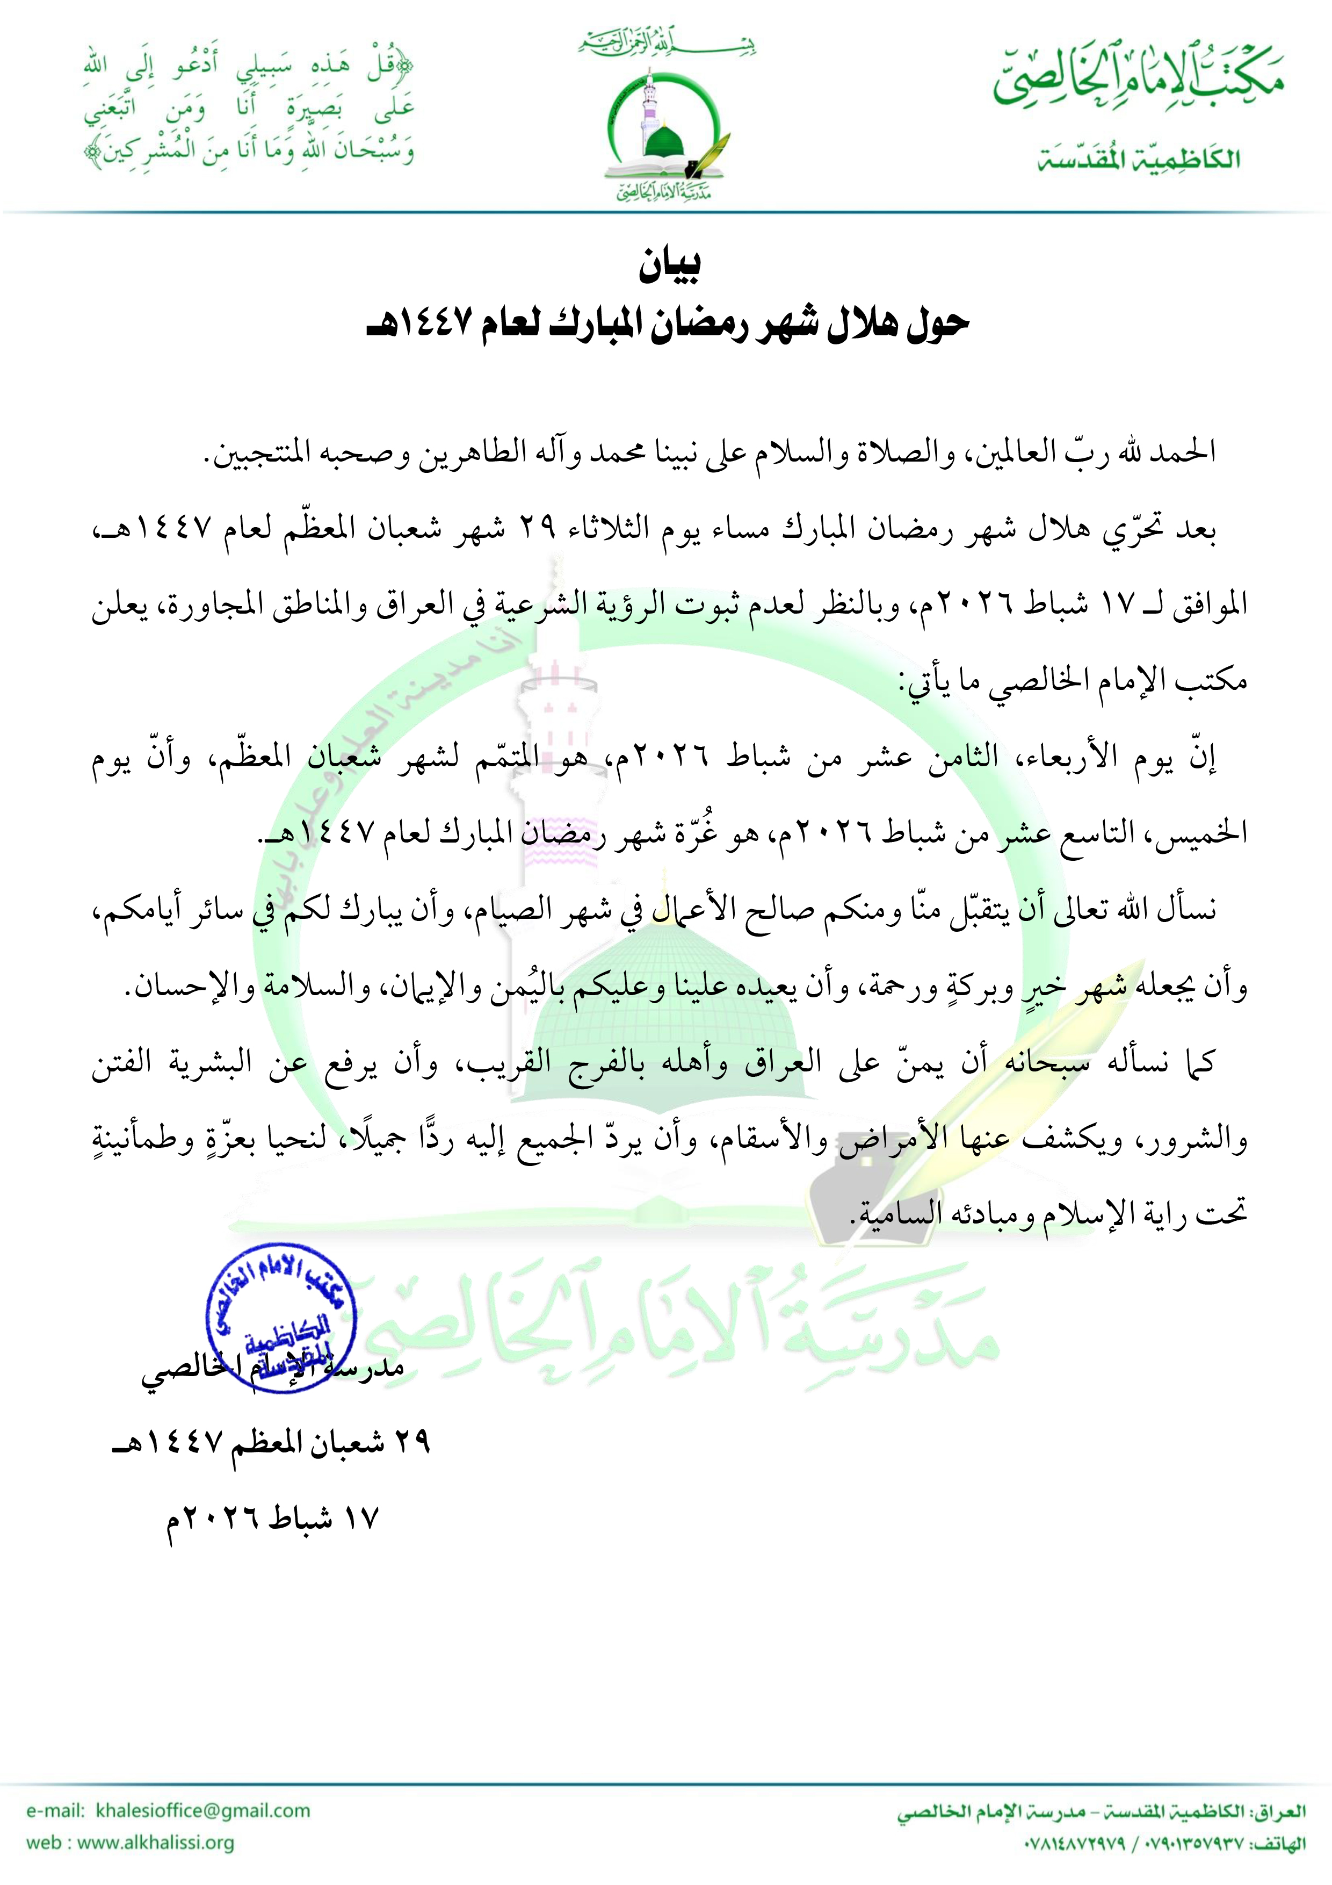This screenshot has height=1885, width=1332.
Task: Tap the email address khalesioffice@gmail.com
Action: (202, 1810)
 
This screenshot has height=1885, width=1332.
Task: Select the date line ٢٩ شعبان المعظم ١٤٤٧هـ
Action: (271, 1442)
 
